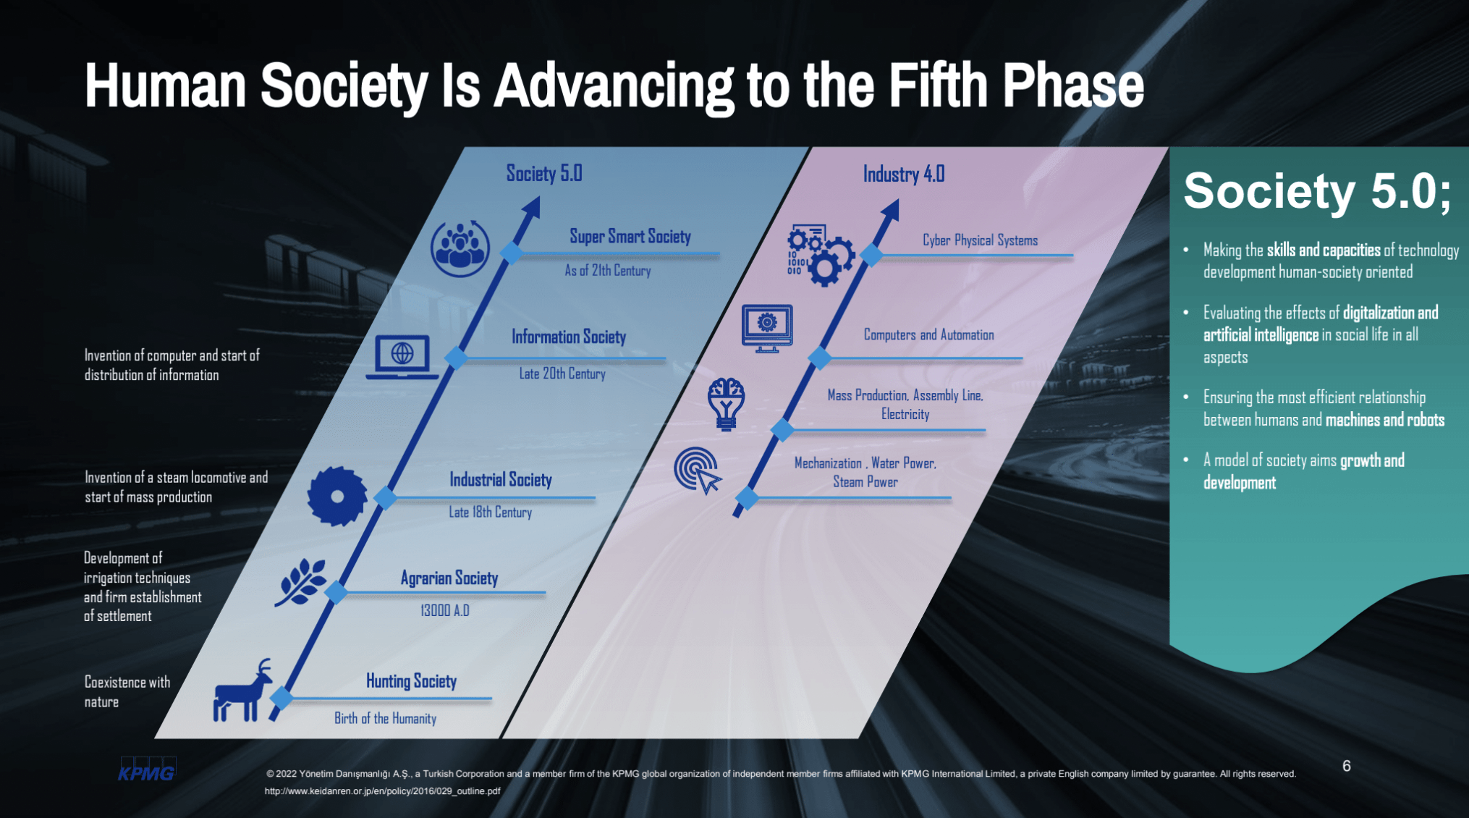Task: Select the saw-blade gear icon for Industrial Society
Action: (337, 496)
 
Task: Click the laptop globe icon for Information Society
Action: (402, 357)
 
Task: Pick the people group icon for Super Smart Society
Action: (460, 248)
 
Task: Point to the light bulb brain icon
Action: (726, 404)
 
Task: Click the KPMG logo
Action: (147, 769)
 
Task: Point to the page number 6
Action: (1347, 766)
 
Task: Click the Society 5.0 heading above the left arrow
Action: (544, 174)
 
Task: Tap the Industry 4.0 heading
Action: (904, 174)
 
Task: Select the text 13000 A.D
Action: (445, 610)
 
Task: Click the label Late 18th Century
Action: (491, 513)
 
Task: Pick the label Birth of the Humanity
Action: (385, 718)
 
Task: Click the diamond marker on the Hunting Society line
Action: (281, 698)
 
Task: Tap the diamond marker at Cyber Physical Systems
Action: (872, 255)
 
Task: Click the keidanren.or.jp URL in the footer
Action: (382, 791)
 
